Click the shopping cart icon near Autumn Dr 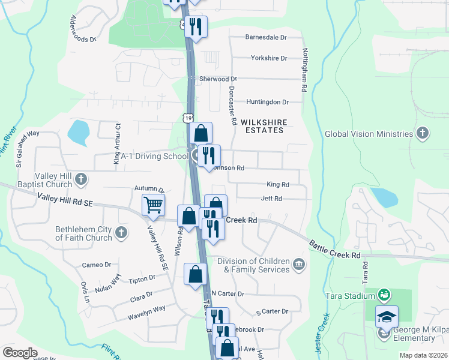click(154, 205)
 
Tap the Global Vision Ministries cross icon click(423, 133)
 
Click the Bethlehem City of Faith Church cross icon click(121, 232)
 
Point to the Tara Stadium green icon click(384, 295)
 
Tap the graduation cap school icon click(387, 316)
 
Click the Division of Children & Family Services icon click(298, 263)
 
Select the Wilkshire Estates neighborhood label click(264, 126)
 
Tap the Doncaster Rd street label click(232, 105)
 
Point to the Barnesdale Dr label click(266, 37)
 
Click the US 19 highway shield click(188, 120)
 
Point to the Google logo click(20, 353)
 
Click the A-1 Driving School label click(155, 157)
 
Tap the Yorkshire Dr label click(269, 58)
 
